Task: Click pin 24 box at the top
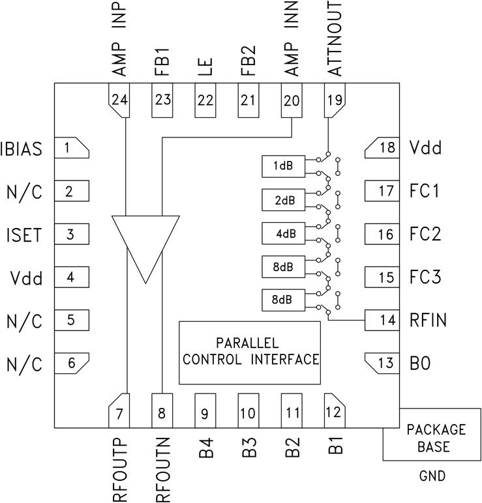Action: (119, 100)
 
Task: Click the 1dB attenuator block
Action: (282, 166)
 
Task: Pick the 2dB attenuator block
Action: (282, 200)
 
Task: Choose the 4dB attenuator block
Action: (282, 233)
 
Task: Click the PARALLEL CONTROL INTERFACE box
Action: (250, 352)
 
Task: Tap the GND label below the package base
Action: (432, 476)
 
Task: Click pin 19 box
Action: (335, 100)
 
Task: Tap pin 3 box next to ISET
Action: (70, 235)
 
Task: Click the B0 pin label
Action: (419, 362)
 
